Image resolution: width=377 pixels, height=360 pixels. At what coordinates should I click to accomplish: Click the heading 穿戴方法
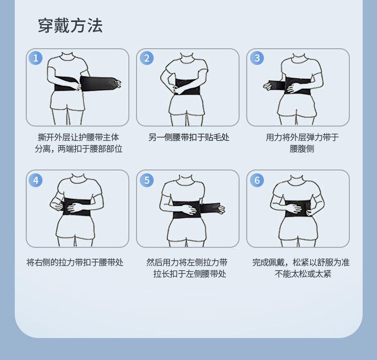(70, 25)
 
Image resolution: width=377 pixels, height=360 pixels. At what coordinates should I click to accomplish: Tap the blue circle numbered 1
(36, 58)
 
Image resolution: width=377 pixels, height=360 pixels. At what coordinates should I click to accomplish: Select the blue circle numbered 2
(147, 58)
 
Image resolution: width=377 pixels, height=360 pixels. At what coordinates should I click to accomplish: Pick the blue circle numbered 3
(257, 58)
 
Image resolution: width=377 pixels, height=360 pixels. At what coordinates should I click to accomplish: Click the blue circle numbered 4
(36, 180)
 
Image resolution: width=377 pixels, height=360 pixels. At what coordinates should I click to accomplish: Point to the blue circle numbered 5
(147, 180)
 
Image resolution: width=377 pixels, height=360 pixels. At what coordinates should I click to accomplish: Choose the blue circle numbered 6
(257, 180)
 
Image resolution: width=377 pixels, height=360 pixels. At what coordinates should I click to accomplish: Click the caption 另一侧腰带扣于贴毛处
(189, 138)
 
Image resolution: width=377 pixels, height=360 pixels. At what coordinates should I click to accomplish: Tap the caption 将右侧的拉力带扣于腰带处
(75, 263)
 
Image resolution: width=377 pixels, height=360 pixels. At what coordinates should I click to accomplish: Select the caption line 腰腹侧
(302, 148)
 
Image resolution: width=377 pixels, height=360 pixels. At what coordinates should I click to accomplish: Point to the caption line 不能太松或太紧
(303, 274)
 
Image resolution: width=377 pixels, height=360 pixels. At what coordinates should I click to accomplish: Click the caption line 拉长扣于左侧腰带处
(190, 274)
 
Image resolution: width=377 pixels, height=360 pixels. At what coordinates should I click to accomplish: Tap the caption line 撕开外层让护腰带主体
(78, 138)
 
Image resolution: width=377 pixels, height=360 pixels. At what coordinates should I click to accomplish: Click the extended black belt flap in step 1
(99, 83)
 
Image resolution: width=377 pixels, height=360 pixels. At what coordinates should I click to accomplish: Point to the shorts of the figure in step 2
(187, 106)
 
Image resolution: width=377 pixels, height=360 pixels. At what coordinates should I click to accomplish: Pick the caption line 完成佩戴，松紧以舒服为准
(301, 263)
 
